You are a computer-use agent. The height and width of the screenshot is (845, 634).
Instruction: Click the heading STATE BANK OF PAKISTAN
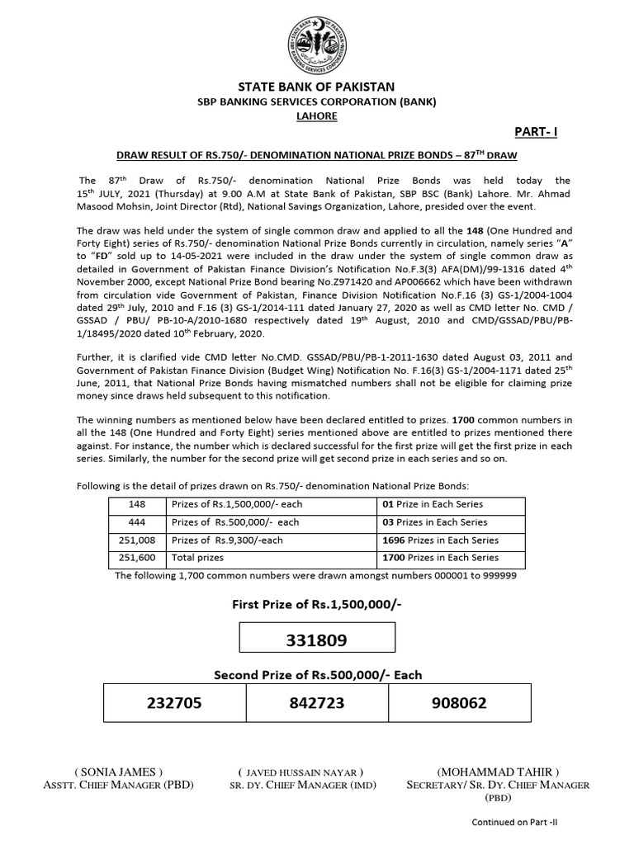point(317,87)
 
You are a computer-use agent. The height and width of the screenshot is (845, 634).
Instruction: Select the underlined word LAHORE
point(317,116)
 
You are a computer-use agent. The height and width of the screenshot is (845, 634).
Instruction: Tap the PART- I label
point(535,132)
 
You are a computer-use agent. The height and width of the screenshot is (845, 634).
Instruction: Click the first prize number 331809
point(317,640)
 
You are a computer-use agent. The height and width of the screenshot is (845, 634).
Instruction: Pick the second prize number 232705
point(174,703)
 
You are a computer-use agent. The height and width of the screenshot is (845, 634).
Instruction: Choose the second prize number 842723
point(317,703)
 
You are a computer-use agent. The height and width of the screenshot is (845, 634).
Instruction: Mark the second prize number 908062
point(459,703)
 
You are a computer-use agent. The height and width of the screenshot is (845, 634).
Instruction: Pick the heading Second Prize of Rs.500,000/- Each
point(317,675)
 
